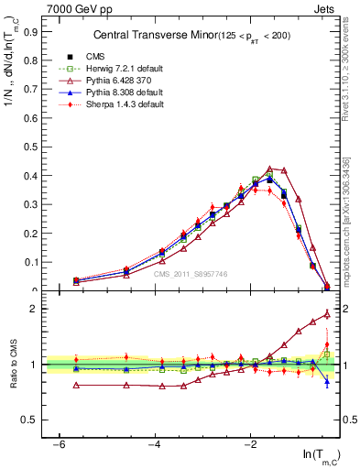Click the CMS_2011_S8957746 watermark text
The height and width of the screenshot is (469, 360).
click(x=191, y=273)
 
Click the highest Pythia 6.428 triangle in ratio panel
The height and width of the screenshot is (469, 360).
click(x=327, y=314)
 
